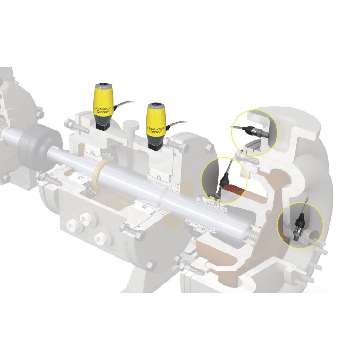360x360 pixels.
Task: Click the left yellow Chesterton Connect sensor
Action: (x=103, y=107)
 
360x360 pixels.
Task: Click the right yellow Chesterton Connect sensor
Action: (x=156, y=127)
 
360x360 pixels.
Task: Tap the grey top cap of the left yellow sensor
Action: (x=103, y=86)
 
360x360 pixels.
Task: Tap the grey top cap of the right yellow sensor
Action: (x=156, y=106)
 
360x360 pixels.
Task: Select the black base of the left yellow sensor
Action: (x=103, y=125)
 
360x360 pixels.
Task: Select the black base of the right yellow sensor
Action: (x=156, y=146)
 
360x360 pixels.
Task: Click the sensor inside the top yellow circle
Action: (x=255, y=131)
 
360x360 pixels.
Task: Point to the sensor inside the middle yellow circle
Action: (x=222, y=184)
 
